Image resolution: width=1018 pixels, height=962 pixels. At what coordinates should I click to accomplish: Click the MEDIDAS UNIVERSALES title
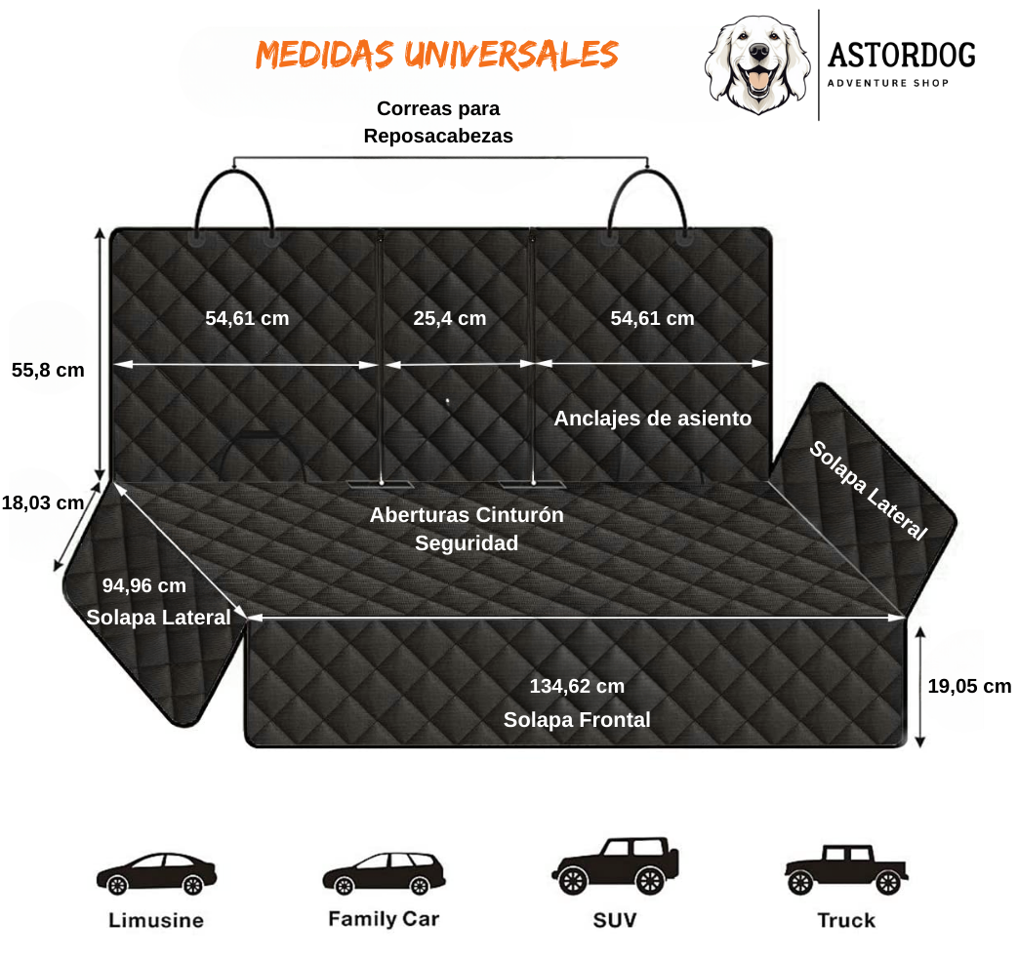click(436, 55)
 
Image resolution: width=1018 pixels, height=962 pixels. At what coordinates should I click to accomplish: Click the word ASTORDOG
click(901, 56)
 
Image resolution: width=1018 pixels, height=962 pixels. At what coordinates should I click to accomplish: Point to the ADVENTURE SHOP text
click(888, 83)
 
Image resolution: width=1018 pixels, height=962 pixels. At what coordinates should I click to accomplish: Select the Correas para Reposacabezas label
click(438, 122)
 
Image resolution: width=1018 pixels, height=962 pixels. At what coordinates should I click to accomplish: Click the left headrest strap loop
click(235, 203)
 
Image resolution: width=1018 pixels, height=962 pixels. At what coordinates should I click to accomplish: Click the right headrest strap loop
click(647, 203)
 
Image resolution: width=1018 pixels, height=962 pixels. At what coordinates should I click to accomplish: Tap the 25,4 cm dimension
click(449, 318)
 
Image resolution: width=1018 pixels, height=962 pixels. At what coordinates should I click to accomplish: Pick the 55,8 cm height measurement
click(48, 370)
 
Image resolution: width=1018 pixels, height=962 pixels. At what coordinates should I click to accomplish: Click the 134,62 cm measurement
click(577, 686)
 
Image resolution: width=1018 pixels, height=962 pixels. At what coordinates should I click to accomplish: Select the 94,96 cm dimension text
click(143, 585)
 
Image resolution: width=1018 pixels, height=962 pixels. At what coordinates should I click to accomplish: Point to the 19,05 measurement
click(952, 686)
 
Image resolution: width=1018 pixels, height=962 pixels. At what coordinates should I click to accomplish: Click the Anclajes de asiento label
click(652, 419)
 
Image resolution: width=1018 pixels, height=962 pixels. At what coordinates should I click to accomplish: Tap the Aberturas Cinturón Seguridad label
click(467, 529)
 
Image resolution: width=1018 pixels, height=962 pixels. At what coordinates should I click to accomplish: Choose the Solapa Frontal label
click(577, 720)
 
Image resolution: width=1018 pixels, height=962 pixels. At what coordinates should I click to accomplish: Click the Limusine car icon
click(156, 872)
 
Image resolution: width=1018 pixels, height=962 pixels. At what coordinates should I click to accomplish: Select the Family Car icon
click(384, 872)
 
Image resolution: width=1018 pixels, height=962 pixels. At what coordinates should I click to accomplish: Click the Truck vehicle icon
click(846, 868)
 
